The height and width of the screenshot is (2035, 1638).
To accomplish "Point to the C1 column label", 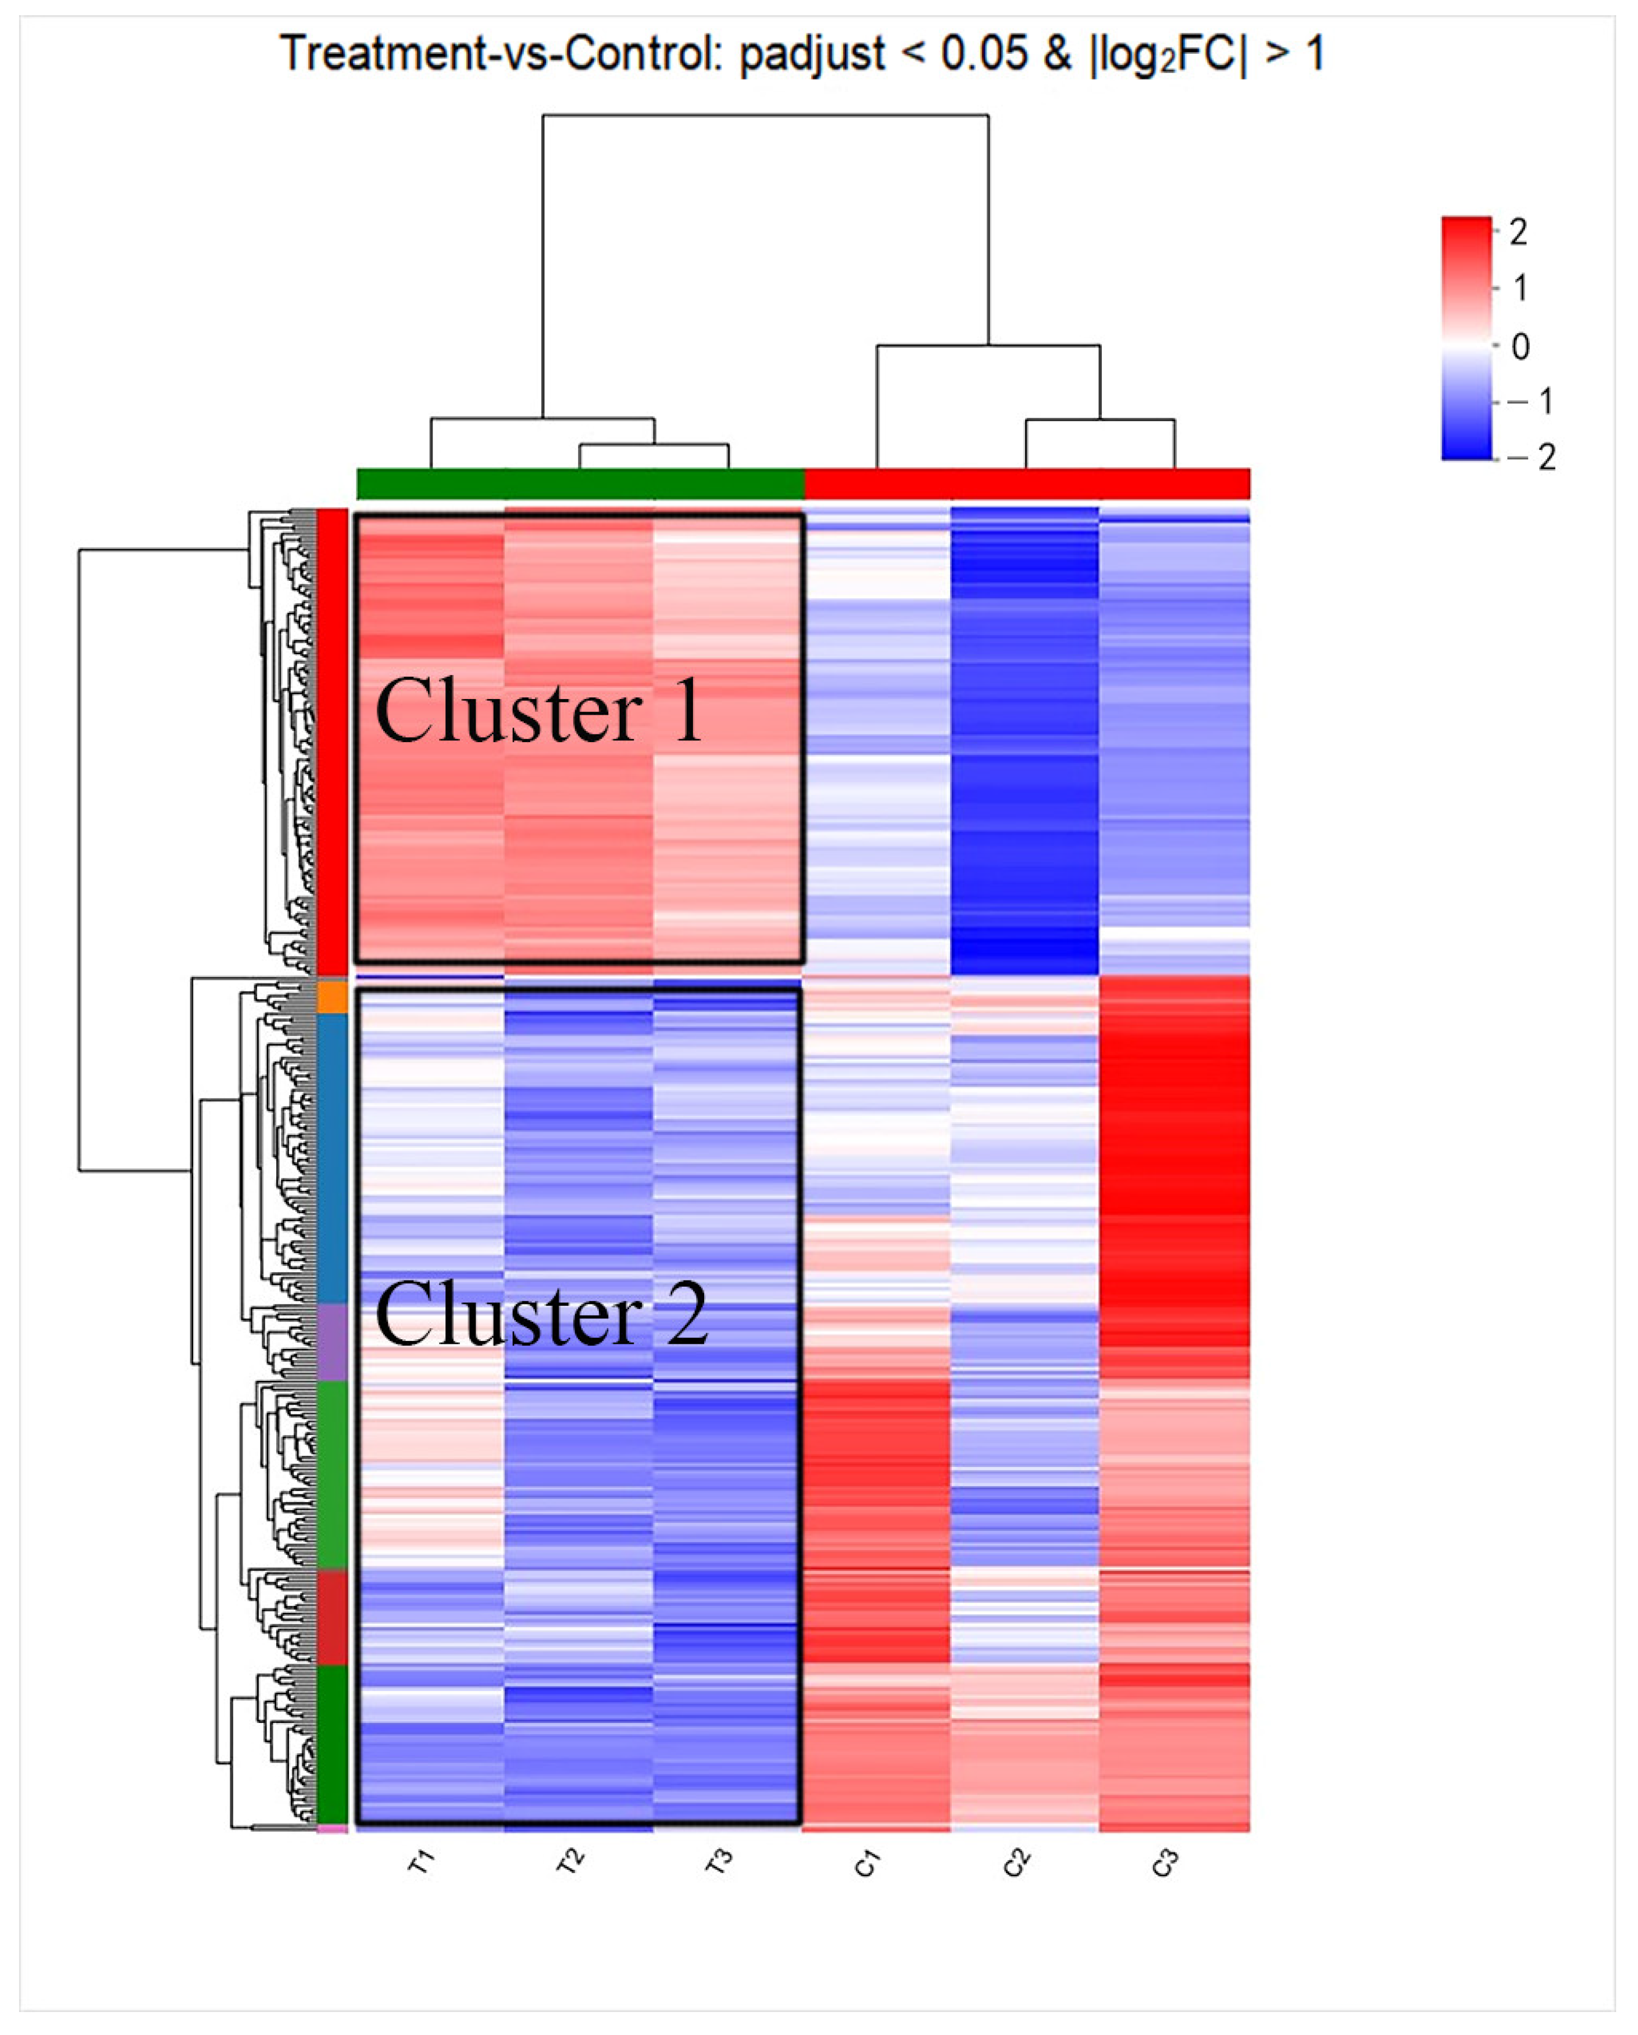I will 868,1862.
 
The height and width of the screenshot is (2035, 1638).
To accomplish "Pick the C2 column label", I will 1017,1862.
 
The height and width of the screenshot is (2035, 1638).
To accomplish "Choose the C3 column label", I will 1166,1862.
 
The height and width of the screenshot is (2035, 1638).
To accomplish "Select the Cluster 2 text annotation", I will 541,1314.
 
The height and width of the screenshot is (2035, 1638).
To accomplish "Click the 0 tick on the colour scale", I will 1519,346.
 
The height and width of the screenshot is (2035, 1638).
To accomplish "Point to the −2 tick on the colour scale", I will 1537,458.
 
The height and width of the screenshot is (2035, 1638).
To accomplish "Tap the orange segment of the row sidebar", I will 332,996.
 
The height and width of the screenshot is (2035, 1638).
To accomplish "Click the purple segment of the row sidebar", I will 332,1341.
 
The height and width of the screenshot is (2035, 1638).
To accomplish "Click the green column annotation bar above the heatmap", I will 580,483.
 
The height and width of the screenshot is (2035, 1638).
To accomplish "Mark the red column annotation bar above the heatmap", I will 1027,483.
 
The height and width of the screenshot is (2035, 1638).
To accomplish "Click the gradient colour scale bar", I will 1465,338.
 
